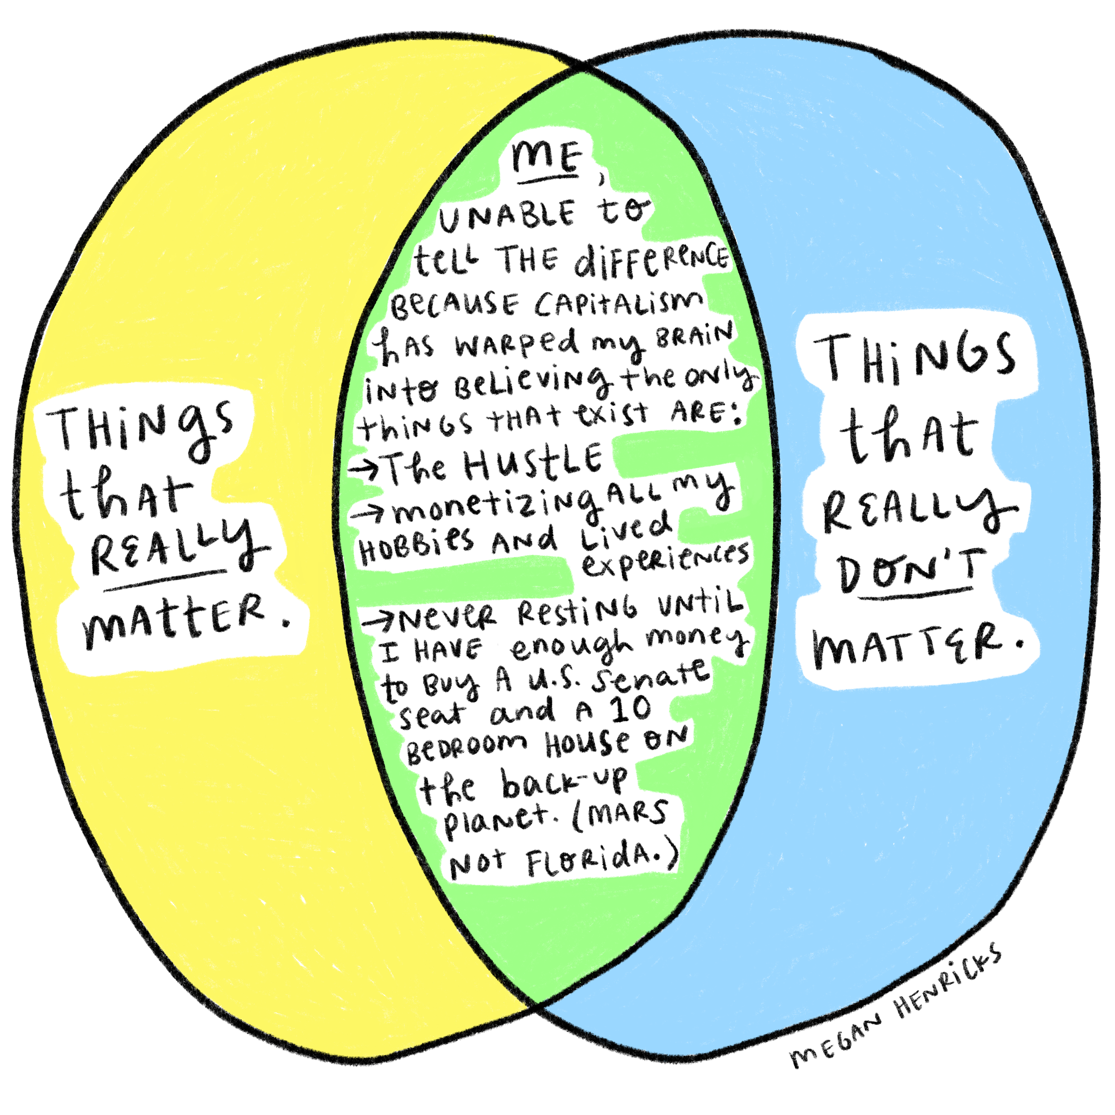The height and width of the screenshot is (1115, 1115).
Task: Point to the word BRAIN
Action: tap(695, 336)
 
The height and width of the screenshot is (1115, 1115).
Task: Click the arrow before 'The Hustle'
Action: tap(365, 469)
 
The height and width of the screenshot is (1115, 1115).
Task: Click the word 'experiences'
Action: tap(665, 560)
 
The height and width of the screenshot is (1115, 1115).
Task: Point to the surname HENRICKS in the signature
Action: tap(947, 981)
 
